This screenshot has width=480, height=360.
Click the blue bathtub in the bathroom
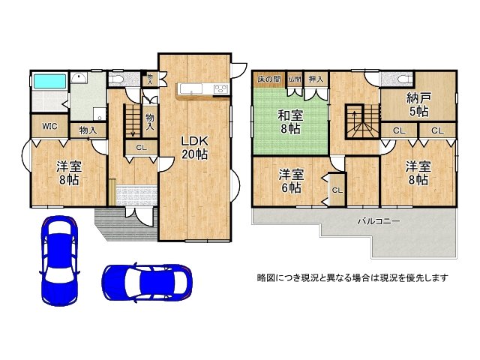[x=49, y=81]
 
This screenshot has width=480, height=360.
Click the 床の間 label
[x=268, y=79]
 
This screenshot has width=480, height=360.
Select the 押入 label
[x=316, y=79]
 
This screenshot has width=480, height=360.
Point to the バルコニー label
[x=373, y=221]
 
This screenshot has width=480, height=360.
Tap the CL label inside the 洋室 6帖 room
[x=337, y=190]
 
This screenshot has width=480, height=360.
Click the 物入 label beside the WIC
[x=88, y=130]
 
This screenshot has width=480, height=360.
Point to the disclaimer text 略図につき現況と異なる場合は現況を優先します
[x=352, y=277]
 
